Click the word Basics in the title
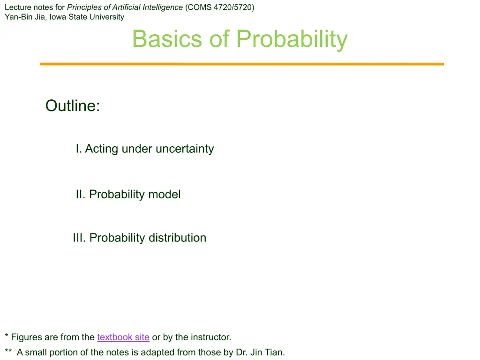167,39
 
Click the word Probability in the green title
292,40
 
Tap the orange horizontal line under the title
242,64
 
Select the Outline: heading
73,105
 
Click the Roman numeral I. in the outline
79,149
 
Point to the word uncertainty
185,149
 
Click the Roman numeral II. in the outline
81,195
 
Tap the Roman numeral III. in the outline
79,238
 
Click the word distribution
177,238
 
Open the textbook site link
123,337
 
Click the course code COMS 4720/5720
220,7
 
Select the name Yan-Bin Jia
25,17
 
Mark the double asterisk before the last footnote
8,351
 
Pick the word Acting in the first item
101,149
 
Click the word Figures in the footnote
26,337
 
